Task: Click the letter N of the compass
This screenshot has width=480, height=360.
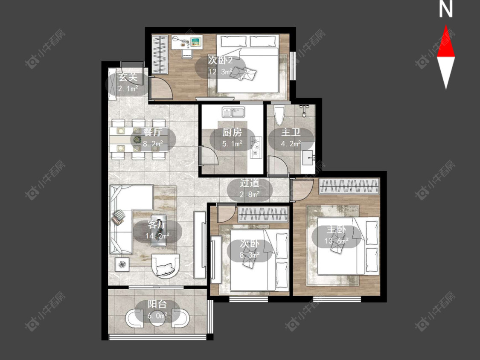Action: point(446,9)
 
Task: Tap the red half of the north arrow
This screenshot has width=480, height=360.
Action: point(446,43)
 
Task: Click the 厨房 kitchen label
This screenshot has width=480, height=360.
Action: point(232,133)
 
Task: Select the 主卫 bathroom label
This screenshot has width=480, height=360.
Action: point(291,133)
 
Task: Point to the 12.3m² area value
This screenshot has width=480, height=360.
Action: point(221,72)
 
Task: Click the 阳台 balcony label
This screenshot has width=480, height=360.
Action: point(157,304)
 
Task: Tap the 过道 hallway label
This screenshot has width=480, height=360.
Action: point(250,183)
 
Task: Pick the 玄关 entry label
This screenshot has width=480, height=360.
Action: point(128,77)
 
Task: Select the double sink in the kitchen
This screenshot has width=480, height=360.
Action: point(233,112)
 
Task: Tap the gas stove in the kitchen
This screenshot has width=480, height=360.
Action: point(256,147)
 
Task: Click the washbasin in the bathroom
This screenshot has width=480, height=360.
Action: point(308,158)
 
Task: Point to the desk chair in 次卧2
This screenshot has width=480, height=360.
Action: point(187,53)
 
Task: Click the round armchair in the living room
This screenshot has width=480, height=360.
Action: point(165,266)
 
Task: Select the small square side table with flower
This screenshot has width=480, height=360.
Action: point(122,264)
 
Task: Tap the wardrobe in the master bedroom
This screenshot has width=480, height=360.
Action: point(349,186)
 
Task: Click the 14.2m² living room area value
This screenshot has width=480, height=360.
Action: point(157,236)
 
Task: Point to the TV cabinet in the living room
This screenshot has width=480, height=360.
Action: point(200,245)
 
